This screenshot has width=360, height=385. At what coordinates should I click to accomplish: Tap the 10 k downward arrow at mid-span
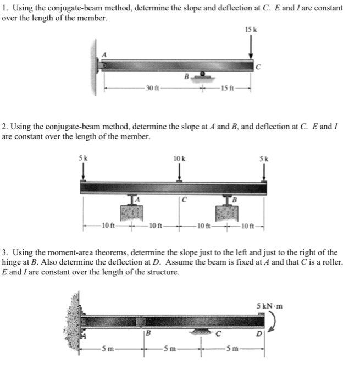pyautogui.click(x=180, y=172)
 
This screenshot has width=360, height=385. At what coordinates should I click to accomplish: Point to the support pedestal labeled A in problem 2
pyautogui.click(x=131, y=208)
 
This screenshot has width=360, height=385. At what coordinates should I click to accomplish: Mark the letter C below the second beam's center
pyautogui.click(x=185, y=200)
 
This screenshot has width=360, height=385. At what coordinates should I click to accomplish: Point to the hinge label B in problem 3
pyautogui.click(x=147, y=334)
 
